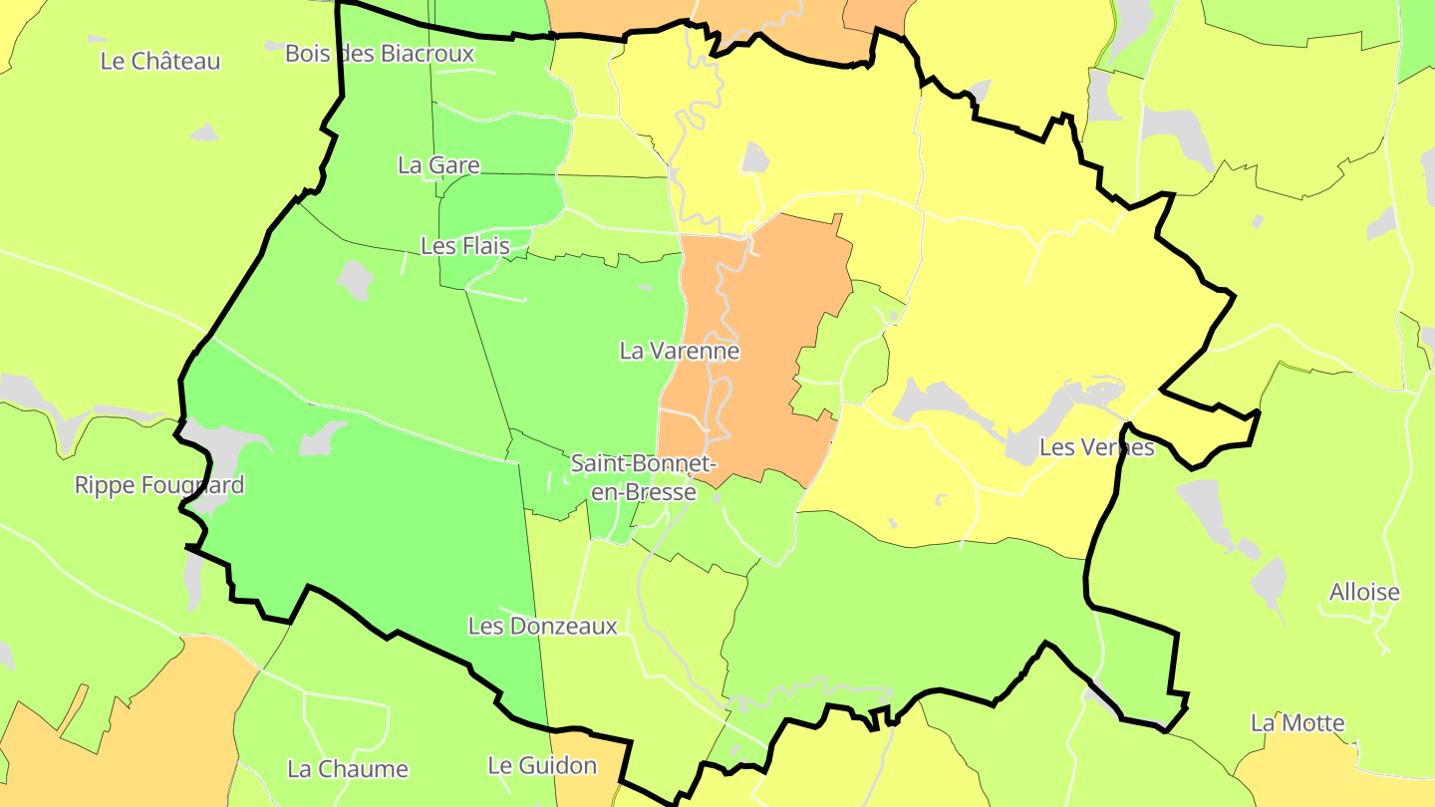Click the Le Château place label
pos(160,61)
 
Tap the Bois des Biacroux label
pos(380,53)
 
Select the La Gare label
pos(438,165)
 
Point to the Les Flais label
pos(464,245)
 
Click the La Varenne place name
pos(680,351)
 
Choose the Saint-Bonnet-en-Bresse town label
pos(643,477)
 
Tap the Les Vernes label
pos(1096,447)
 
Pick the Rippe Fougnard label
pos(159,485)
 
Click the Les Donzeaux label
pos(543,626)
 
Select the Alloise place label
pos(1364,592)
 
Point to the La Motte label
pos(1297,723)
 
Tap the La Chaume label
pos(348,769)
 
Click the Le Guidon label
pos(542,765)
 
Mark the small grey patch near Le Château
pos(204,133)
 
